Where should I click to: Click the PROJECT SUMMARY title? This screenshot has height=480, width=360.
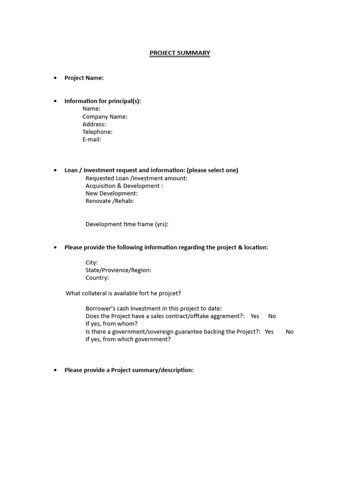click(180, 53)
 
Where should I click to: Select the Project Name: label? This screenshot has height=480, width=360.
click(84, 78)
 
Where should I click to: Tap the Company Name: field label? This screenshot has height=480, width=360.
click(105, 117)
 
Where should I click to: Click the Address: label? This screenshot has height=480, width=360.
click(94, 124)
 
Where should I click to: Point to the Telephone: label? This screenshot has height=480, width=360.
click(97, 132)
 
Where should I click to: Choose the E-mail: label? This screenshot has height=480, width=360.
click(91, 139)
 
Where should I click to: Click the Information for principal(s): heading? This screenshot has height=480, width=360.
click(102, 101)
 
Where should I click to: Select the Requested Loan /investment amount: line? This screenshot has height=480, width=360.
click(136, 178)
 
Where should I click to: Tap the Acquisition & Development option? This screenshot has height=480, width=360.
click(124, 186)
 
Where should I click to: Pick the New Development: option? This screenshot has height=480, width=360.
click(111, 193)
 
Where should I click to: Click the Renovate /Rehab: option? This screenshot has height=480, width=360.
click(109, 201)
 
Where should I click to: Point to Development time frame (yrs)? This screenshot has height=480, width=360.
click(127, 224)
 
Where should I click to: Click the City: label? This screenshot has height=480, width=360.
click(91, 262)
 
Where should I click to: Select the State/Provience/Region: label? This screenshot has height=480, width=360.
click(118, 270)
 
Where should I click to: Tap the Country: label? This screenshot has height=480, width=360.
click(97, 277)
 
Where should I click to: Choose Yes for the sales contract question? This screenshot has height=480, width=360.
click(255, 316)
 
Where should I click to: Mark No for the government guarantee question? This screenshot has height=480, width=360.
click(289, 331)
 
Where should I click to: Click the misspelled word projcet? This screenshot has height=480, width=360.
click(170, 293)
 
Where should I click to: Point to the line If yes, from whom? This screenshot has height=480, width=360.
click(111, 323)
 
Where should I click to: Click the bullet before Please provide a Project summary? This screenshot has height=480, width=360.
click(55, 370)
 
